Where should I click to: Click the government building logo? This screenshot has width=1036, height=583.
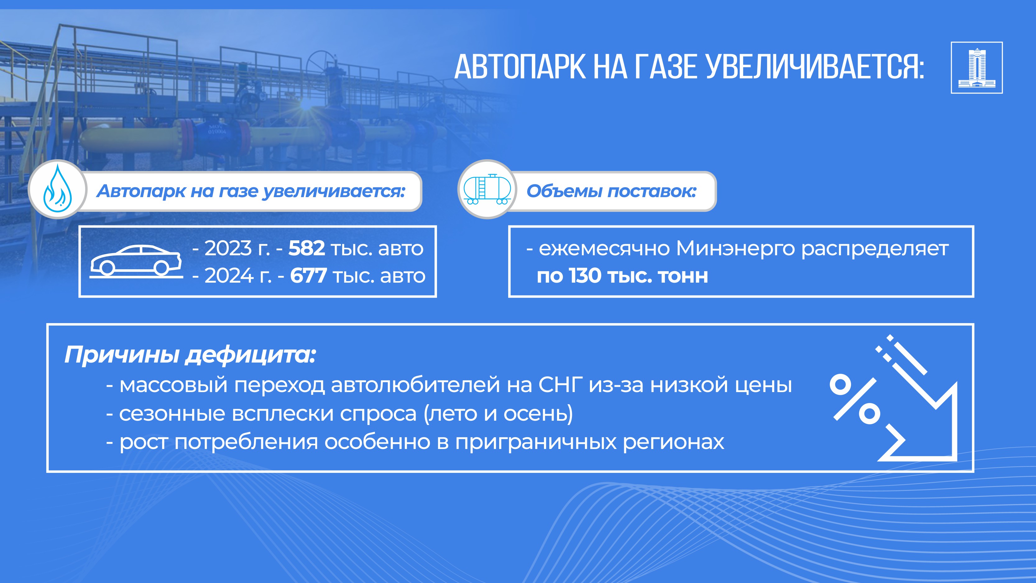tap(977, 67)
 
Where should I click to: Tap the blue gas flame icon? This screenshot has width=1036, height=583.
tap(58, 188)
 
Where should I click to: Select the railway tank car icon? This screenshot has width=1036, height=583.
tap(487, 189)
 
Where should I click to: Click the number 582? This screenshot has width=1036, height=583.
tap(306, 248)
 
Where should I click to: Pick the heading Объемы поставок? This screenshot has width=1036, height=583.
tap(611, 191)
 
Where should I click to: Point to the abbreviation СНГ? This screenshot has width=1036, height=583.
tap(560, 385)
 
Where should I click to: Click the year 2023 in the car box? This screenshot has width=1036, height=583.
tap(228, 248)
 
